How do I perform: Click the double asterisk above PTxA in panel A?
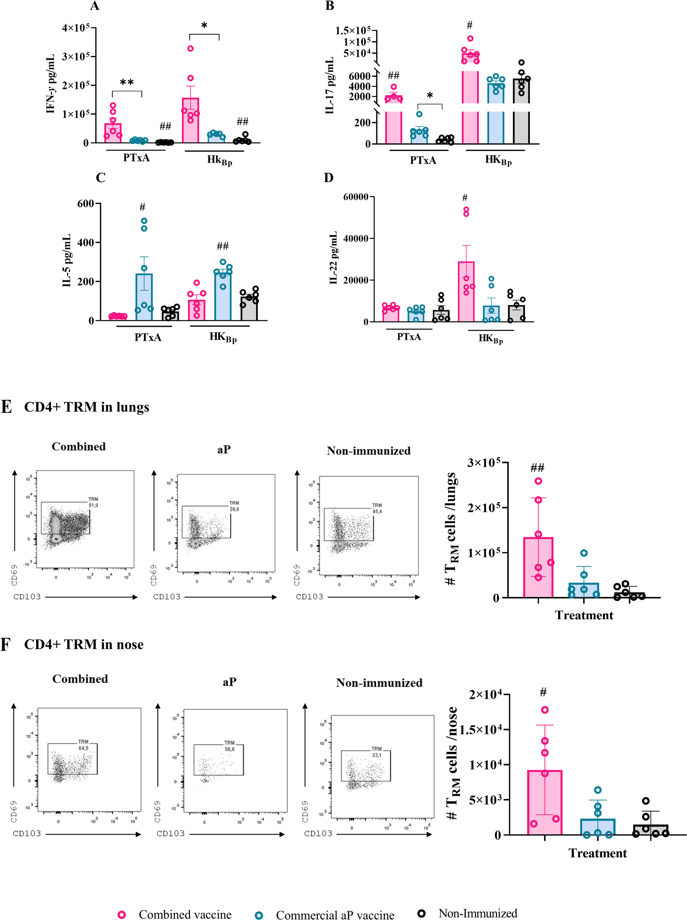(127, 82)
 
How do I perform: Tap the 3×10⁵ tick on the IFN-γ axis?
(76, 57)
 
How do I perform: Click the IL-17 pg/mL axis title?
(330, 85)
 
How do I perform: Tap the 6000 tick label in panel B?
(360, 76)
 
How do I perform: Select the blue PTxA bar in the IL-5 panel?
(144, 297)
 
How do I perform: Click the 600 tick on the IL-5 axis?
(86, 204)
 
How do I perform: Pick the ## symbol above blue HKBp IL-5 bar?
(222, 246)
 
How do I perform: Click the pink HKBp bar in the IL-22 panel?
(466, 291)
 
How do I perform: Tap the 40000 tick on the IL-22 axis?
(356, 238)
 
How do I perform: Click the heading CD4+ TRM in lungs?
(87, 407)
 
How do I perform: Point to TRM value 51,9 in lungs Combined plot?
(93, 505)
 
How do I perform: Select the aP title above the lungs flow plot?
(224, 450)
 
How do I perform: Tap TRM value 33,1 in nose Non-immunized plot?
(376, 755)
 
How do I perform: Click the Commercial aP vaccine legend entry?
(335, 915)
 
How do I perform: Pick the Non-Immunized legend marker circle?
(421, 913)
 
